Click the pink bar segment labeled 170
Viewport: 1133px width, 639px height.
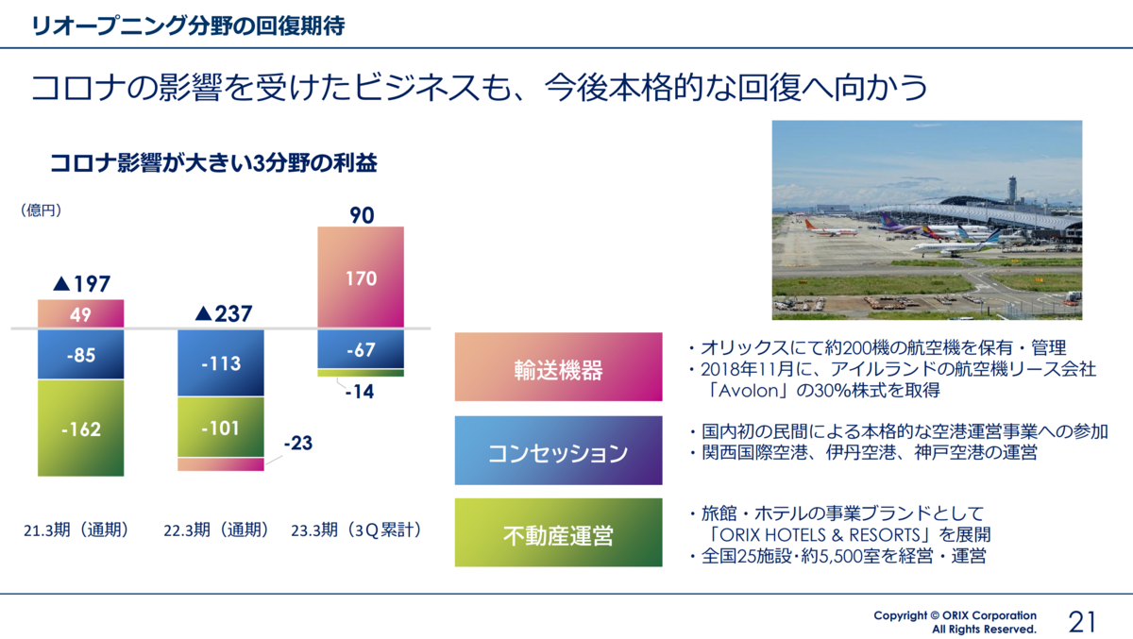(361, 277)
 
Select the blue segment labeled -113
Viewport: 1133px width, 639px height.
(221, 363)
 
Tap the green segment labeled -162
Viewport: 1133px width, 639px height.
(81, 428)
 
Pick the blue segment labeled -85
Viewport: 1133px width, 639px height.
(81, 354)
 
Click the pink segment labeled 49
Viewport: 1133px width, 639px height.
(81, 313)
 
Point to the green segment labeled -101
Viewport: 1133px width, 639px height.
(221, 428)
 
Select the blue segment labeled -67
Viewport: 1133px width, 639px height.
(361, 349)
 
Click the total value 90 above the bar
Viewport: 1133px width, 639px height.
(362, 215)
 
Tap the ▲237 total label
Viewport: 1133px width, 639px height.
(224, 314)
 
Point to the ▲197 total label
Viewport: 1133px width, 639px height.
(81, 284)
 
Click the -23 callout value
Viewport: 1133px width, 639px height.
(298, 443)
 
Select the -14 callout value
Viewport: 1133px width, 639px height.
(360, 392)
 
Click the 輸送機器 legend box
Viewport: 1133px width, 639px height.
(558, 367)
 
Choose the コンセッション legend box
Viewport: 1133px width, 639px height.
(558, 450)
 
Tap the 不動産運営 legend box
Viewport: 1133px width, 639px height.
(558, 533)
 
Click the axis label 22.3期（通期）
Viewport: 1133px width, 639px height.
(216, 530)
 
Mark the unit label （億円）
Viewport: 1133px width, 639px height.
(41, 210)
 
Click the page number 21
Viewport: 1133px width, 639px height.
(1082, 622)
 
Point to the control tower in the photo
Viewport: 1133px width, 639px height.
(1012, 189)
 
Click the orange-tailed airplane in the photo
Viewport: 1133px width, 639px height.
(831, 229)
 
